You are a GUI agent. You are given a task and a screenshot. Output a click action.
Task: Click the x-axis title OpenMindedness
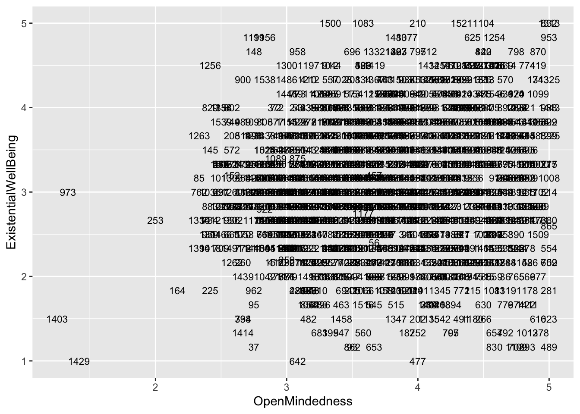tap(303, 401)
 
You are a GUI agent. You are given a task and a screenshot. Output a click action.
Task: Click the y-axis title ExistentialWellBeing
tap(12, 192)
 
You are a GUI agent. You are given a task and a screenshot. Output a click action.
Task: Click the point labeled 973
tap(68, 192)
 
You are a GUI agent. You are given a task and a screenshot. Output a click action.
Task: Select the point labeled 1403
tap(57, 320)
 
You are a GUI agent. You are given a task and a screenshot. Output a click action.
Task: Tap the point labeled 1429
tap(79, 361)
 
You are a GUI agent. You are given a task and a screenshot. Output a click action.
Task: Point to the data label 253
tap(155, 221)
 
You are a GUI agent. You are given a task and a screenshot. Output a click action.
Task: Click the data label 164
tap(177, 291)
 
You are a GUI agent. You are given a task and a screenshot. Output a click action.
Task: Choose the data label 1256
tap(210, 66)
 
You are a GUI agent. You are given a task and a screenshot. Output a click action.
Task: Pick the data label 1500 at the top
tap(331, 24)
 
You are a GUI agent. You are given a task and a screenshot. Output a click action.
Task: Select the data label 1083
tap(363, 24)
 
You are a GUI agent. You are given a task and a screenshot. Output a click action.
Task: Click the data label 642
tap(297, 361)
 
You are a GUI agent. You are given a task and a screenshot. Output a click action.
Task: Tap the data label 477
tap(418, 361)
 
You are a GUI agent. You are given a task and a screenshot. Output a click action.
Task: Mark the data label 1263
tap(199, 136)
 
